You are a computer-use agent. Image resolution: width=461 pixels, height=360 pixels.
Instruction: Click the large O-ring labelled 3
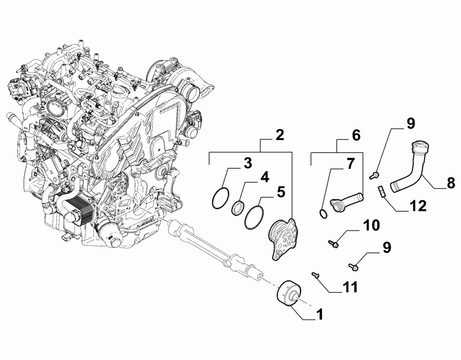click(x=221, y=198)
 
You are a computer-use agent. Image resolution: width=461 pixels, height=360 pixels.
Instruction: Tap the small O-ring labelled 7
click(x=323, y=214)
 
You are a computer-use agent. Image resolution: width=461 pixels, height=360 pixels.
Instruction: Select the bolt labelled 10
click(x=333, y=244)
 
